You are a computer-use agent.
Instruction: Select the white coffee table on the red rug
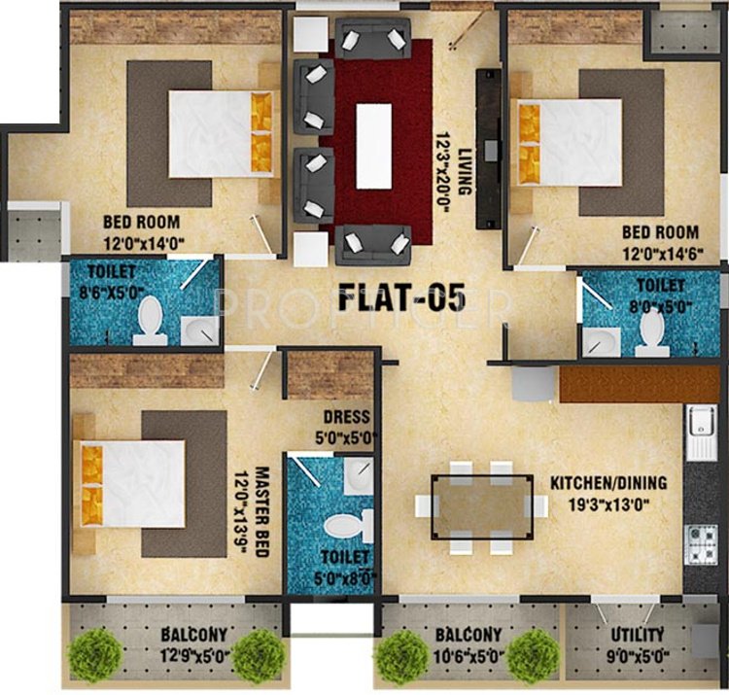(374, 145)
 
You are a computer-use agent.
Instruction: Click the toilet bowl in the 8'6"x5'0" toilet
(150, 320)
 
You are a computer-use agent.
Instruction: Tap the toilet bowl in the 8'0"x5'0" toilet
(651, 331)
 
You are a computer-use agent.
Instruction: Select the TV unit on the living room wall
(485, 150)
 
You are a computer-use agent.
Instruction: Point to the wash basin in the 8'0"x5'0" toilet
(600, 341)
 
